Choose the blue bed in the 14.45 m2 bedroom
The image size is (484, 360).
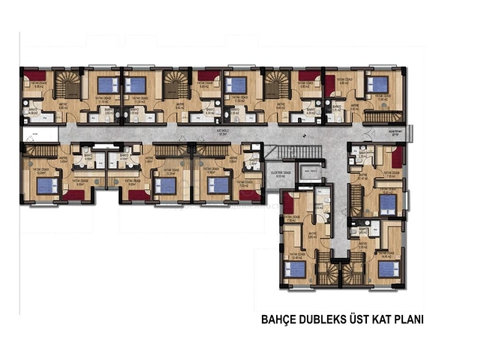click(x=388, y=269)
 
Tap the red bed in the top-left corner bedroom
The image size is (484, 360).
click(x=35, y=74)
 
